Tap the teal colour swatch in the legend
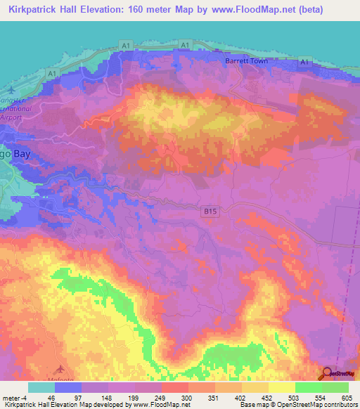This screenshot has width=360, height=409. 41,387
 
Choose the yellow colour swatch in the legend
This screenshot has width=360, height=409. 281,387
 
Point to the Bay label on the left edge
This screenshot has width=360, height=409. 9,151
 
